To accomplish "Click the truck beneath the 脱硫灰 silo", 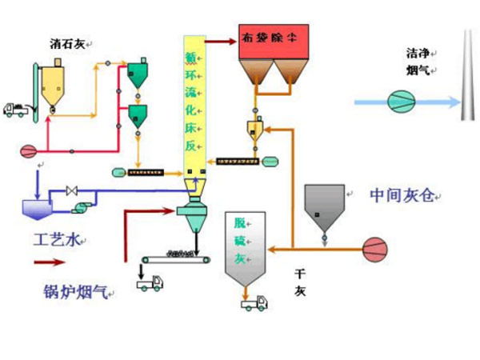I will (254, 302).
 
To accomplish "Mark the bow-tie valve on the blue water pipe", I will (72, 190).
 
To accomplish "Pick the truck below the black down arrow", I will (149, 282).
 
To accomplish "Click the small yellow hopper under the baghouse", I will (254, 129).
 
